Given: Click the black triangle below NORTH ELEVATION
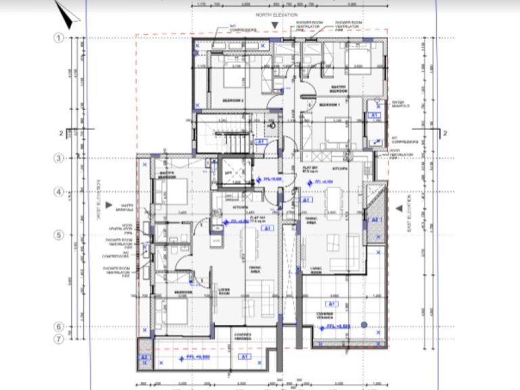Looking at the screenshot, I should point(274,25).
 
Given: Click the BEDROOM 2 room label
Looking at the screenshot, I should point(234,100).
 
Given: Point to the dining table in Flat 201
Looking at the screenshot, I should point(334,202).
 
